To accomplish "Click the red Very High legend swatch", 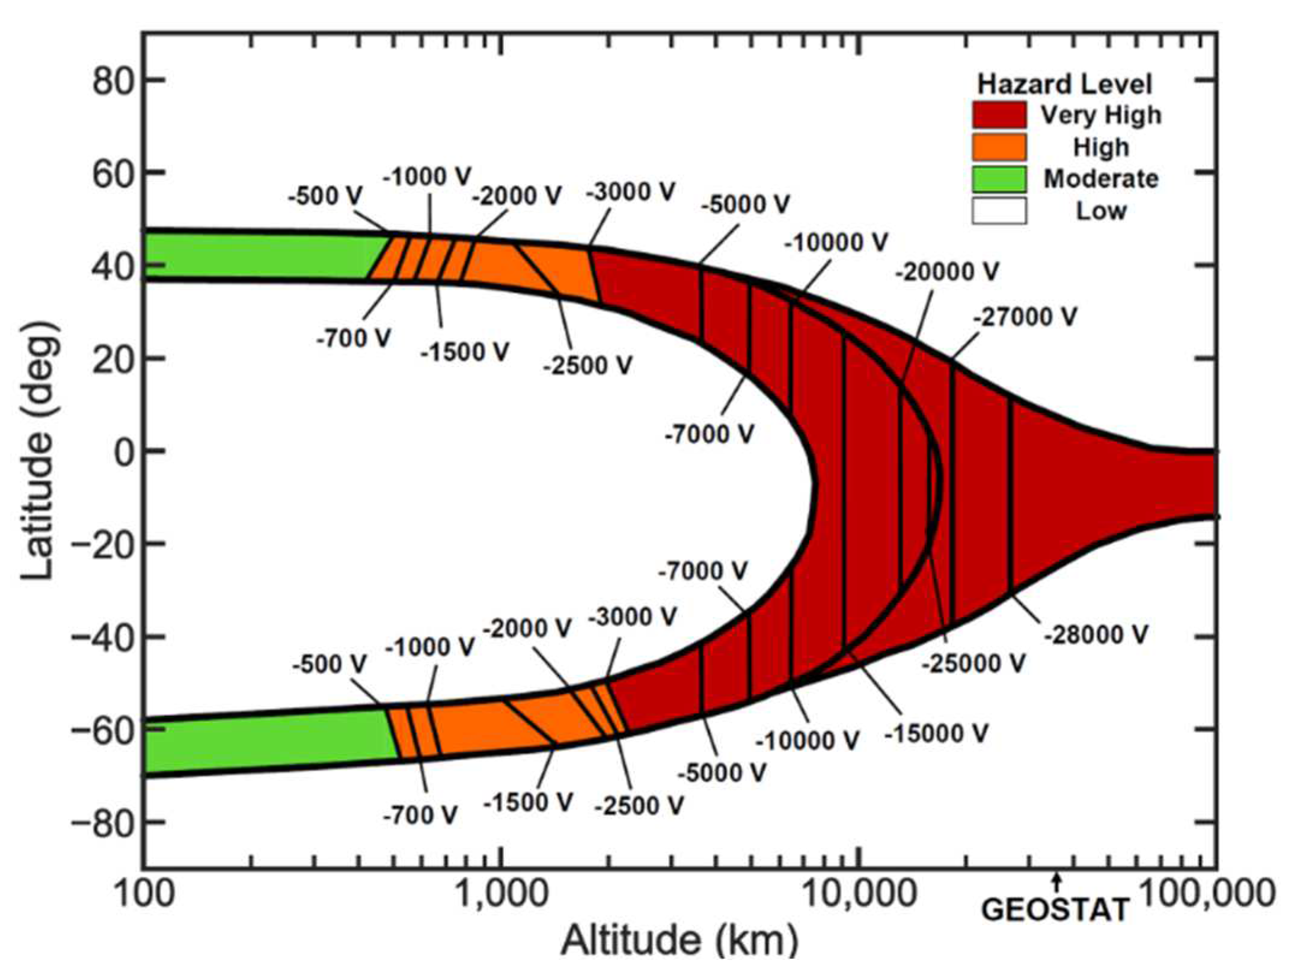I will [x=999, y=115].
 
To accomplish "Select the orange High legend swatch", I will [x=999, y=147].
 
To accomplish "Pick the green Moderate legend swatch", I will [x=999, y=179].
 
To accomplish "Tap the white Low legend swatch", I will [x=999, y=211].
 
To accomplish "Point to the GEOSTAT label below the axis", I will [x=1054, y=910].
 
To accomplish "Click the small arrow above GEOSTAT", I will [x=1056, y=882].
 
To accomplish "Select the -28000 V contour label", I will [x=1096, y=635].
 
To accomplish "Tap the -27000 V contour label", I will [x=1025, y=317].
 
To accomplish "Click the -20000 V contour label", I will [x=947, y=272].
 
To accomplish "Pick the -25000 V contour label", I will [x=972, y=664].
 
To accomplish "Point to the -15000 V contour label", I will [x=936, y=733].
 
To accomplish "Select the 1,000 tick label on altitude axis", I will [x=500, y=894].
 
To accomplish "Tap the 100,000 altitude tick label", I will [x=1206, y=894].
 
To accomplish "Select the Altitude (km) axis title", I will [x=679, y=941].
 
